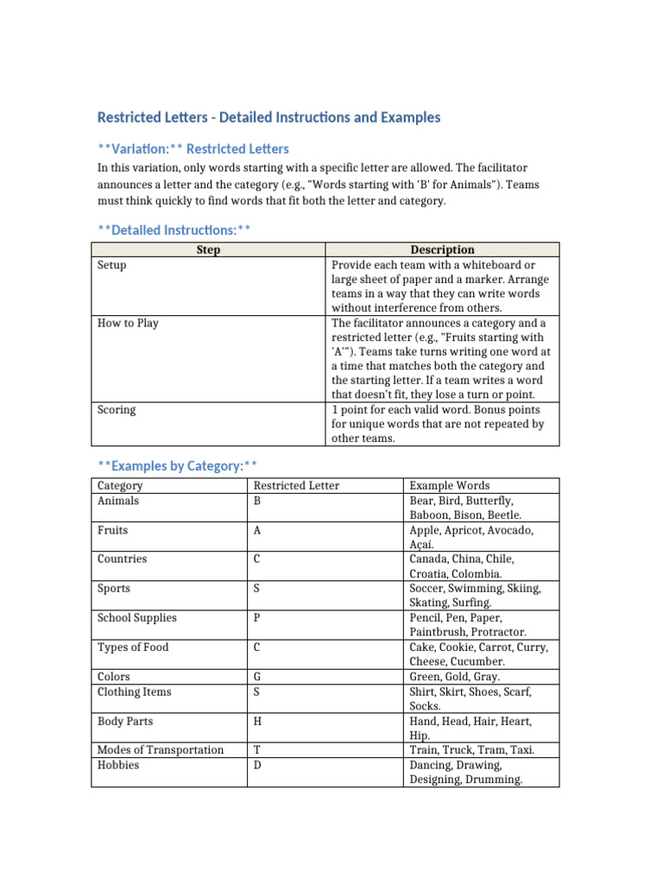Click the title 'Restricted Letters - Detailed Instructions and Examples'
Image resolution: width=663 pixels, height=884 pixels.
(x=268, y=117)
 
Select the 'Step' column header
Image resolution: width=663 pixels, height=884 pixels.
(x=208, y=249)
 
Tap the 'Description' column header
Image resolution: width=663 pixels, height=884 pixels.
(x=442, y=249)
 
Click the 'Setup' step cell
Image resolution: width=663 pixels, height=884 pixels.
(x=112, y=265)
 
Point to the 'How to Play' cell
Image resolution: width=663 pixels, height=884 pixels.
(x=128, y=323)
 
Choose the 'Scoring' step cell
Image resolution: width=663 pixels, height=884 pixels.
(x=117, y=410)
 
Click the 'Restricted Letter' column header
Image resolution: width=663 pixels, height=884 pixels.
(x=296, y=485)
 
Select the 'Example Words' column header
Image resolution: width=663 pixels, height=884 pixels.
(x=449, y=485)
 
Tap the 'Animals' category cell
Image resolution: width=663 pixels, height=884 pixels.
(x=118, y=501)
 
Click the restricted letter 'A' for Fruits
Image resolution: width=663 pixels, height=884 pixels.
(x=257, y=530)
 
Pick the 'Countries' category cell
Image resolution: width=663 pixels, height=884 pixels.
(x=122, y=559)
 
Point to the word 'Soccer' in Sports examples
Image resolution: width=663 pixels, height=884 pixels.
(x=428, y=589)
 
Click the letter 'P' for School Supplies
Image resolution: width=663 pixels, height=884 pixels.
(x=257, y=618)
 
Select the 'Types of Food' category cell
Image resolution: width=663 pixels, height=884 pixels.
(x=133, y=647)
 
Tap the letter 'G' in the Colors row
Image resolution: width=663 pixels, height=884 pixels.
(x=257, y=677)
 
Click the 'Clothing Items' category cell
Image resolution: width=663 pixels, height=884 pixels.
(x=134, y=691)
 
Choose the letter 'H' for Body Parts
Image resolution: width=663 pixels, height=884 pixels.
(x=257, y=721)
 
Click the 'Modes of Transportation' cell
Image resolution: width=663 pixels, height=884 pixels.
(x=161, y=750)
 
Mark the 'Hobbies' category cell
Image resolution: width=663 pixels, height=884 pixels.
(x=118, y=765)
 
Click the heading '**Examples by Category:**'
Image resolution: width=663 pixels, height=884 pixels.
(x=178, y=466)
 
